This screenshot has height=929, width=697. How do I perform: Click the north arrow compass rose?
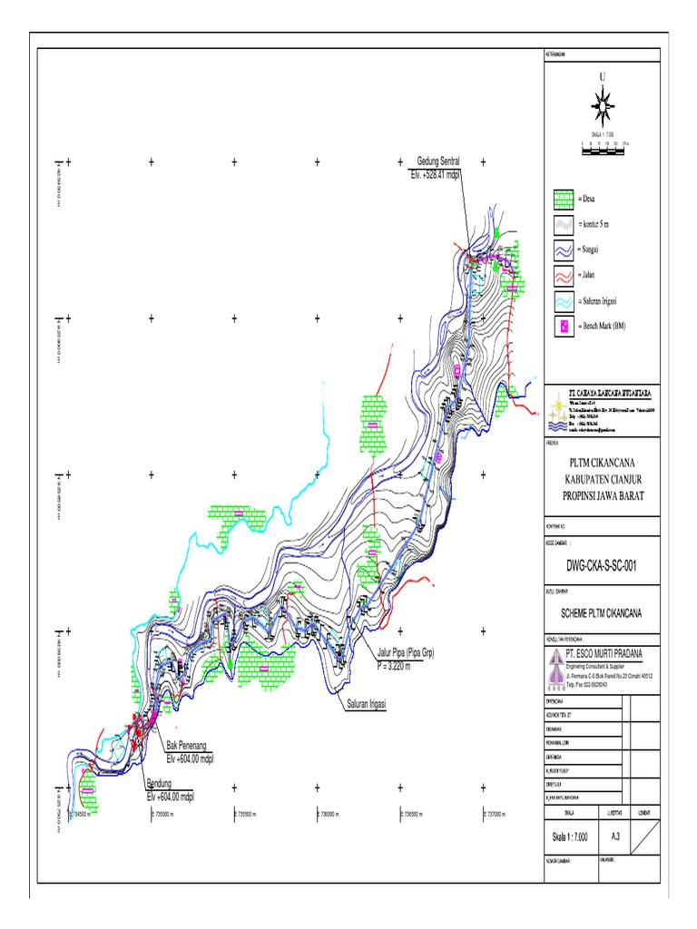[x=600, y=104]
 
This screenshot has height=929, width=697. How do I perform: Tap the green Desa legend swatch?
[x=564, y=198]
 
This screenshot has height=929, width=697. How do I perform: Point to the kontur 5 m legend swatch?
[x=564, y=223]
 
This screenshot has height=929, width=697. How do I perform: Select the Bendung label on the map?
[x=159, y=783]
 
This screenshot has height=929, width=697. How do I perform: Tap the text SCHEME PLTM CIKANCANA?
[x=602, y=612]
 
